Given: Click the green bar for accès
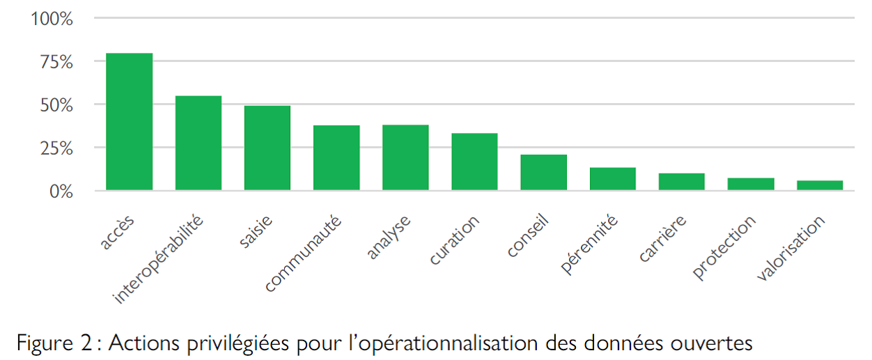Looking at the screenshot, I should click(129, 122).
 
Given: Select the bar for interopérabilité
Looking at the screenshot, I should click(198, 143).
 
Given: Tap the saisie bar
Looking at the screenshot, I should click(267, 148).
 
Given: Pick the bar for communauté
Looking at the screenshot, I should click(336, 158).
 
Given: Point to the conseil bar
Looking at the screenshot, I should click(543, 173).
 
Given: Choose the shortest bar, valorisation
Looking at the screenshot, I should click(820, 185).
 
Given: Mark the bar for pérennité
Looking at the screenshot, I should click(612, 179).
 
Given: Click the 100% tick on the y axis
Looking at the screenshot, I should click(52, 19).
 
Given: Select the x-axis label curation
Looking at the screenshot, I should click(455, 240).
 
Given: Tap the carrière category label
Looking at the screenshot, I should click(663, 240).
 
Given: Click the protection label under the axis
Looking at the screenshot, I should click(725, 247).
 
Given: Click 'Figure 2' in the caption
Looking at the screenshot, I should click(53, 343).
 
